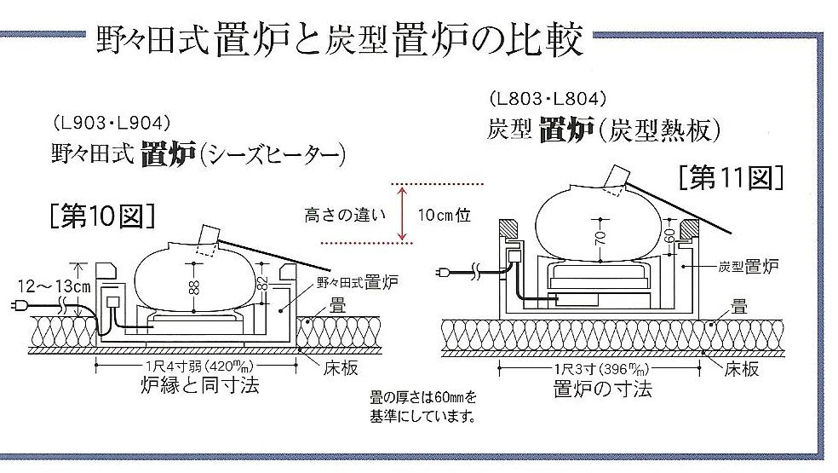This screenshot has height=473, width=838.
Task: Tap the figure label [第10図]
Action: (x=101, y=216)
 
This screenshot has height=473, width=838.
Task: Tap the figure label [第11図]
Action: (x=730, y=178)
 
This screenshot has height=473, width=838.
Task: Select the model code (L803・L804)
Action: (x=547, y=99)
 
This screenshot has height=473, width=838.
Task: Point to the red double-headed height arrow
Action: (x=398, y=213)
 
